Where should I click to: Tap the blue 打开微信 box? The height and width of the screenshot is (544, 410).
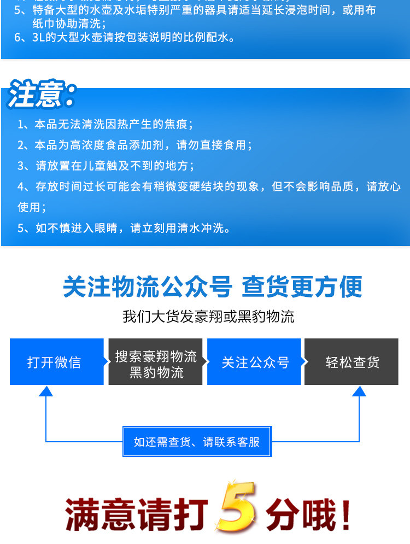click(x=55, y=362)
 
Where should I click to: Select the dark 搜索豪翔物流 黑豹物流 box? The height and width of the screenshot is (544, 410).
click(x=156, y=362)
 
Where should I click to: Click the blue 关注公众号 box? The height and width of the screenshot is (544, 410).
click(x=255, y=362)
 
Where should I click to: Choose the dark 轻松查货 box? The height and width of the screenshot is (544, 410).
click(x=353, y=362)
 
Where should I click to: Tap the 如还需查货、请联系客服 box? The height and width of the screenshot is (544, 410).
click(x=197, y=442)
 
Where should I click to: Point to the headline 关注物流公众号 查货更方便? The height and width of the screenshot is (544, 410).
click(x=212, y=286)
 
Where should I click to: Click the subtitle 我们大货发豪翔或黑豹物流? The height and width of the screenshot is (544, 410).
click(x=208, y=316)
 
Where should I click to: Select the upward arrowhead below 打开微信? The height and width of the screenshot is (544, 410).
click(x=46, y=391)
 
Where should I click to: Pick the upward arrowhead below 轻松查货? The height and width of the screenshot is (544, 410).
click(x=359, y=391)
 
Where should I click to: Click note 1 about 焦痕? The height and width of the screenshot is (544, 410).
click(x=105, y=125)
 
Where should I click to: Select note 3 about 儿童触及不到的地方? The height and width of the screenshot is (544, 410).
click(x=106, y=166)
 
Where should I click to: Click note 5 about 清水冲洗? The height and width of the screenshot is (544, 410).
click(x=124, y=228)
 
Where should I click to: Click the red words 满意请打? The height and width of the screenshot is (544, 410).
click(x=137, y=514)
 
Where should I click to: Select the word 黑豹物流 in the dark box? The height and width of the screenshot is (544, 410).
click(x=156, y=373)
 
